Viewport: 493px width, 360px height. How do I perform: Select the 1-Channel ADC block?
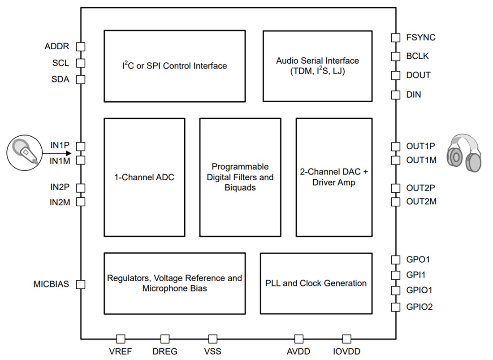144,177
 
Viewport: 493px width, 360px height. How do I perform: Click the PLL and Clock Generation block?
316,283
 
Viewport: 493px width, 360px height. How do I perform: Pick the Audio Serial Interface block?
317,66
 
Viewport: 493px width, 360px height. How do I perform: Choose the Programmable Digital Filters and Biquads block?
240,177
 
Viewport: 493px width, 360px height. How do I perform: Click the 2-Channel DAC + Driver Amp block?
334,177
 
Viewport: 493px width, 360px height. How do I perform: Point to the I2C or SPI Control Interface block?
174,66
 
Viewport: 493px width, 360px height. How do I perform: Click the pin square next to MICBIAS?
81,284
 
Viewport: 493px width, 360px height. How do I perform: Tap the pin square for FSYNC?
395,38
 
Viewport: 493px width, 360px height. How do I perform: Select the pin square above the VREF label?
121,339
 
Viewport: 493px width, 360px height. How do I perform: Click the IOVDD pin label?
346,351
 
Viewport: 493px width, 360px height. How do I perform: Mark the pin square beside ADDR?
81,47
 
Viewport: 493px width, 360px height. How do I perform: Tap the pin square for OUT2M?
395,202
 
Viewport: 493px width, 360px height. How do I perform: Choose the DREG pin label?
165,351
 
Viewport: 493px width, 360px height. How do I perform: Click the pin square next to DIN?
395,95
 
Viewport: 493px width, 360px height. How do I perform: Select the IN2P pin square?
81,188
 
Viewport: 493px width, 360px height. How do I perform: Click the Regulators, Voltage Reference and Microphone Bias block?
174,283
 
